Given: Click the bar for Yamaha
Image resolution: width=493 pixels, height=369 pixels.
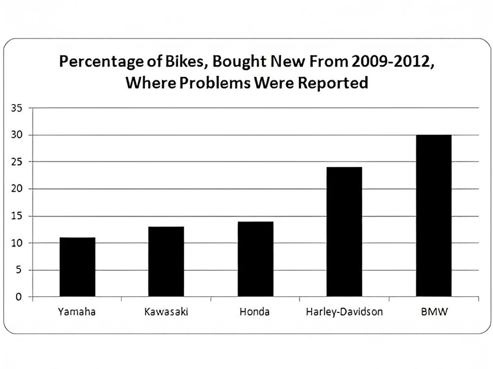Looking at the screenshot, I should pos(77,267).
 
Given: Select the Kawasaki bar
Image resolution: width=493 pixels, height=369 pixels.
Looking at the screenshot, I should pos(166,262).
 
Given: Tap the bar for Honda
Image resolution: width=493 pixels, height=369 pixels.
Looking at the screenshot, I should pos(255,259).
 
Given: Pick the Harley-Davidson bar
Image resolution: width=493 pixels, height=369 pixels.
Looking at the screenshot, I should pos(344,232).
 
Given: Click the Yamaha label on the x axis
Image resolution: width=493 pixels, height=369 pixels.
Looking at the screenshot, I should pos(77,312).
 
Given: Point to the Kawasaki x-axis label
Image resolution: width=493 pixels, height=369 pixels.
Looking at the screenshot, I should pos(166,312).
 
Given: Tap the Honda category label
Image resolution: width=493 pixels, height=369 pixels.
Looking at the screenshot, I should pos(255,312).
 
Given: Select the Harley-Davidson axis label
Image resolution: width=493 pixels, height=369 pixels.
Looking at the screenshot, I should pos(344,312).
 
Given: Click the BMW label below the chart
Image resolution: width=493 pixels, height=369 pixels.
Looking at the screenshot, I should pos(433,312).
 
